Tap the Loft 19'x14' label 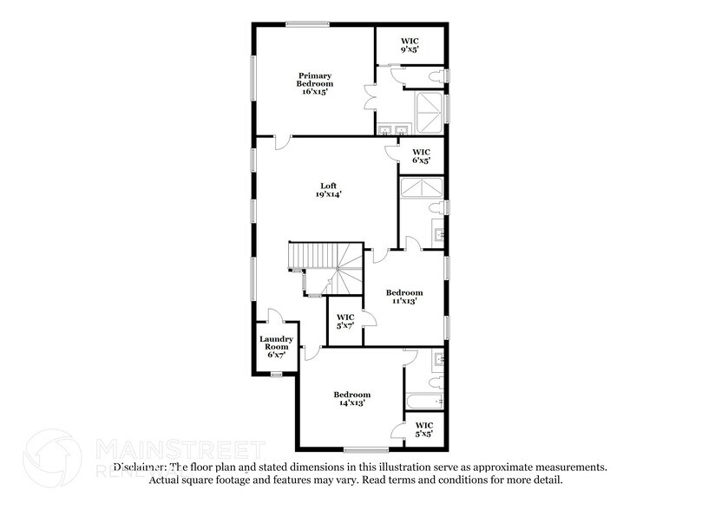click(328, 190)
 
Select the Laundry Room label click(276, 347)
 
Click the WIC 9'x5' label click(410, 44)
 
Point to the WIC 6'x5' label click(421, 156)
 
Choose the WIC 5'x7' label click(344, 322)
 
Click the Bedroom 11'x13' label click(404, 297)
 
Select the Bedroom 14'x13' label click(352, 398)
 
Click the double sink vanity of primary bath click(392, 130)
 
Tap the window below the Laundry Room click(276, 374)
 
